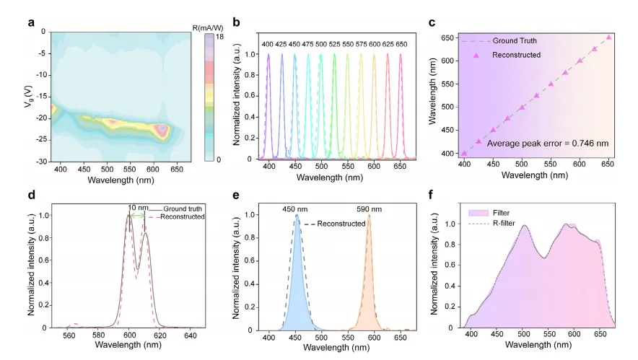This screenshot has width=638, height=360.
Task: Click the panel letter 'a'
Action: [x=31, y=21]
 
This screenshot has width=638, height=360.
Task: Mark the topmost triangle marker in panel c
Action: [x=609, y=38]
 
